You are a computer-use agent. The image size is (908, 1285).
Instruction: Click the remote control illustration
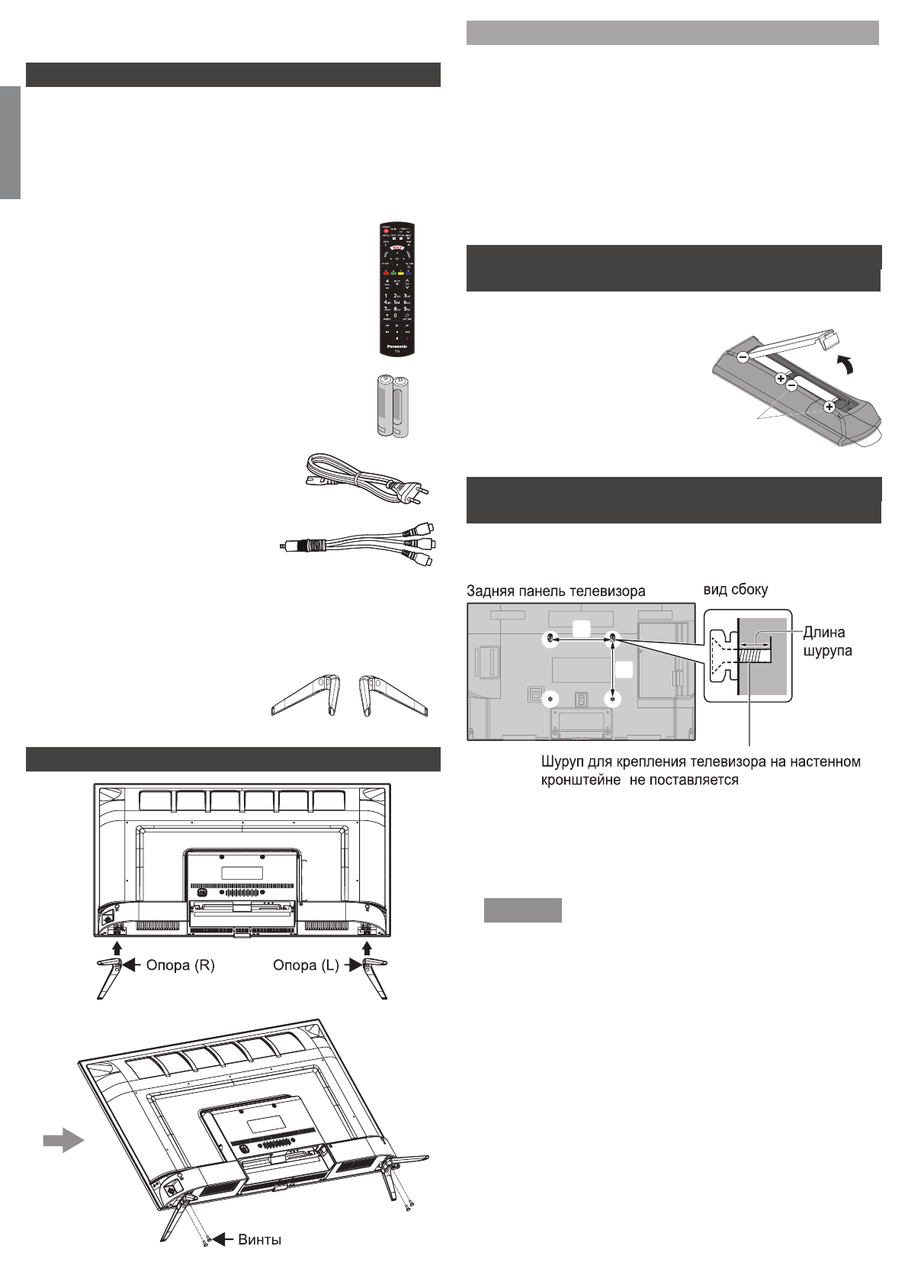coord(397,289)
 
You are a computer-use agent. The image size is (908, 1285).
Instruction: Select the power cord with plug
coord(366,478)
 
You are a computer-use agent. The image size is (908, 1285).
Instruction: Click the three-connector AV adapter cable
coord(358,543)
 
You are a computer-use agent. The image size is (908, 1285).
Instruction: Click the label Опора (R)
coord(180,965)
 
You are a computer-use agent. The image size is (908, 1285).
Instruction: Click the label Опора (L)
coord(306,965)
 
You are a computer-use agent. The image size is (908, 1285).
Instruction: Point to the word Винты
coord(259,1239)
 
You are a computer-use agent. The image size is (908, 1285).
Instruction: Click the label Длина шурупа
coord(827,641)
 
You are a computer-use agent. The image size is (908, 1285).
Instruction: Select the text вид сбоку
coord(735,589)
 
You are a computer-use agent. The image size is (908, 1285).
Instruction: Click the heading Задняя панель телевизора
coord(556,591)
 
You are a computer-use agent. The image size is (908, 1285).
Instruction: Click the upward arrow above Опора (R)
coord(116,947)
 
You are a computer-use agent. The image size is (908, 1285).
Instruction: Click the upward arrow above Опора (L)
coord(367,947)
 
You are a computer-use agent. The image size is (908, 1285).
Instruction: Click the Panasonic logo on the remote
coord(397,346)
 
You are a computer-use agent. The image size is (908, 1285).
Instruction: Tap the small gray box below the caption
coord(523,910)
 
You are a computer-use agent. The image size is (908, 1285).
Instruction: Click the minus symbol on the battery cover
coord(743,356)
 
